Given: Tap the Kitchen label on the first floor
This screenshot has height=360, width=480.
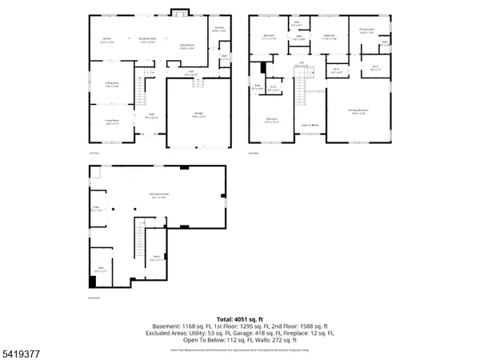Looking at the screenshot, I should click(106, 40).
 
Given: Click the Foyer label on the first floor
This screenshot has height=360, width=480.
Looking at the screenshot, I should click(150, 116).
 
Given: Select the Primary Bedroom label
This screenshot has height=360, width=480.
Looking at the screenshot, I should click(358, 111).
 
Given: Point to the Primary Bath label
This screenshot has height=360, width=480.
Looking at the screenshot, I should click(367, 31).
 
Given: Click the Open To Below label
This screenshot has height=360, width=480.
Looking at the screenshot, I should click(307, 125).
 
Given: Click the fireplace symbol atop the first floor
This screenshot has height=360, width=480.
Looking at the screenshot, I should click(178, 13).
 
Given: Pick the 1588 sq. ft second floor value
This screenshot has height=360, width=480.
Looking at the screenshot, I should click(310, 327).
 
